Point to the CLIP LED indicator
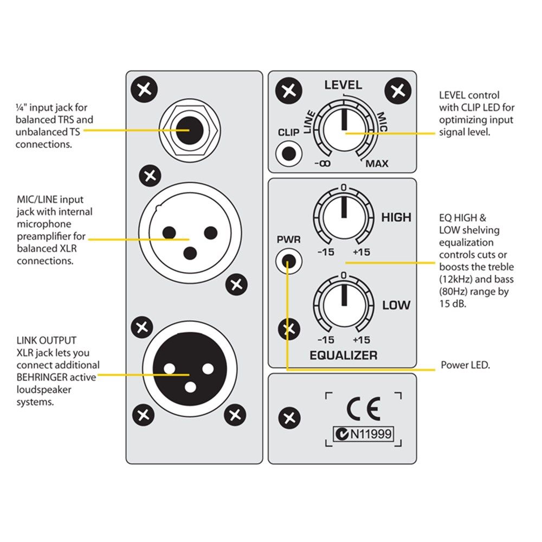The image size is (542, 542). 289,153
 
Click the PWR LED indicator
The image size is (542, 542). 288,262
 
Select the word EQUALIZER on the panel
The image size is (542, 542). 343,356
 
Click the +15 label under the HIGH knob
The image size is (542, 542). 361,252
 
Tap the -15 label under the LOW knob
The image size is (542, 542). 325,340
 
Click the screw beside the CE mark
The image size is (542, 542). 289,418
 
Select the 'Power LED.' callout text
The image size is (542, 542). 466,366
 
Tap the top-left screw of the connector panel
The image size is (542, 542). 145,89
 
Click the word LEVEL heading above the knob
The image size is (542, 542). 343,85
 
